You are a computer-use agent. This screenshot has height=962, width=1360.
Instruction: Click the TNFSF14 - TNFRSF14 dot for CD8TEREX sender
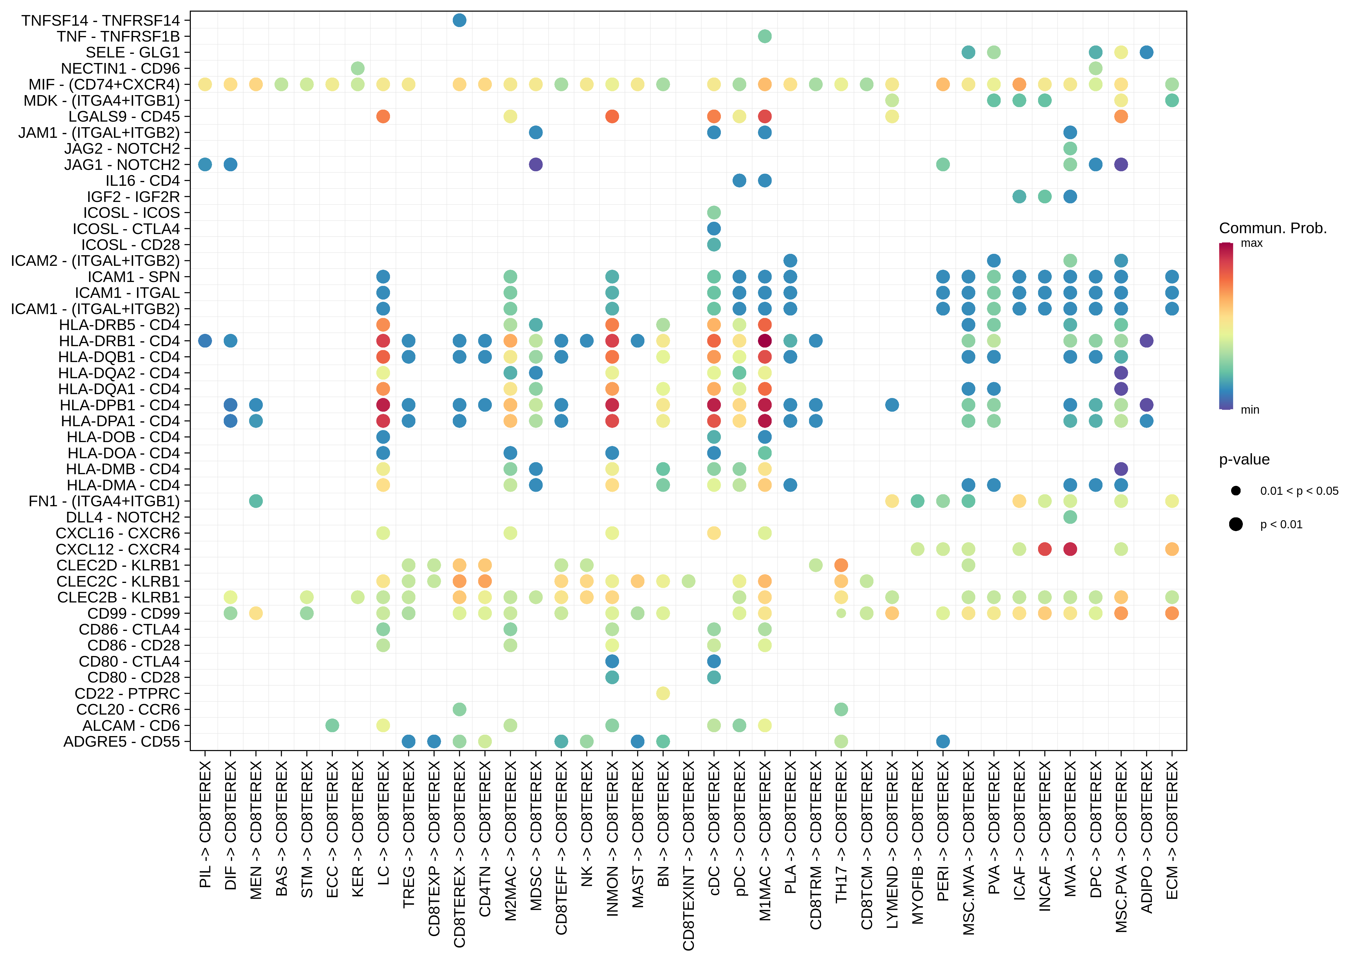tap(459, 20)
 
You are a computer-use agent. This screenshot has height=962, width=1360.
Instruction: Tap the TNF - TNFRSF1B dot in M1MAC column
tap(765, 36)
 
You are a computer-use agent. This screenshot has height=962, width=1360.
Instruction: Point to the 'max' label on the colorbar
tap(1251, 243)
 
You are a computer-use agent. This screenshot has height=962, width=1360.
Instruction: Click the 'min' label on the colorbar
tap(1250, 410)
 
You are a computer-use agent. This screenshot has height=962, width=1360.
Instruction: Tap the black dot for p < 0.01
tap(1236, 524)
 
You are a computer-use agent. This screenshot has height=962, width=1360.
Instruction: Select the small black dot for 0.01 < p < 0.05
tap(1236, 490)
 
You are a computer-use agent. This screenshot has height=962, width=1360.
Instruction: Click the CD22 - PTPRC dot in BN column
tap(663, 693)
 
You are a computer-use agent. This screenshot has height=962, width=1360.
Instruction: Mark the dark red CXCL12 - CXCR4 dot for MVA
tap(1070, 549)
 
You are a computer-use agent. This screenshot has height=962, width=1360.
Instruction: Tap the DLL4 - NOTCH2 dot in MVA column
tap(1070, 517)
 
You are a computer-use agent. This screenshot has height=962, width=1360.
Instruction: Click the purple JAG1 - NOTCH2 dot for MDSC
tap(535, 165)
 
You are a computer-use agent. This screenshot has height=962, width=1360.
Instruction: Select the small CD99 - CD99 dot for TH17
tap(841, 613)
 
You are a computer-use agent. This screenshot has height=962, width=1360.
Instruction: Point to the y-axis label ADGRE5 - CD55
tap(121, 742)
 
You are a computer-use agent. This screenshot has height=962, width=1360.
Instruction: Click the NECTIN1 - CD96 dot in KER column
tap(358, 68)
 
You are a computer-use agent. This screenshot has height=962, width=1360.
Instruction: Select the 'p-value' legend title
tap(1244, 460)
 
